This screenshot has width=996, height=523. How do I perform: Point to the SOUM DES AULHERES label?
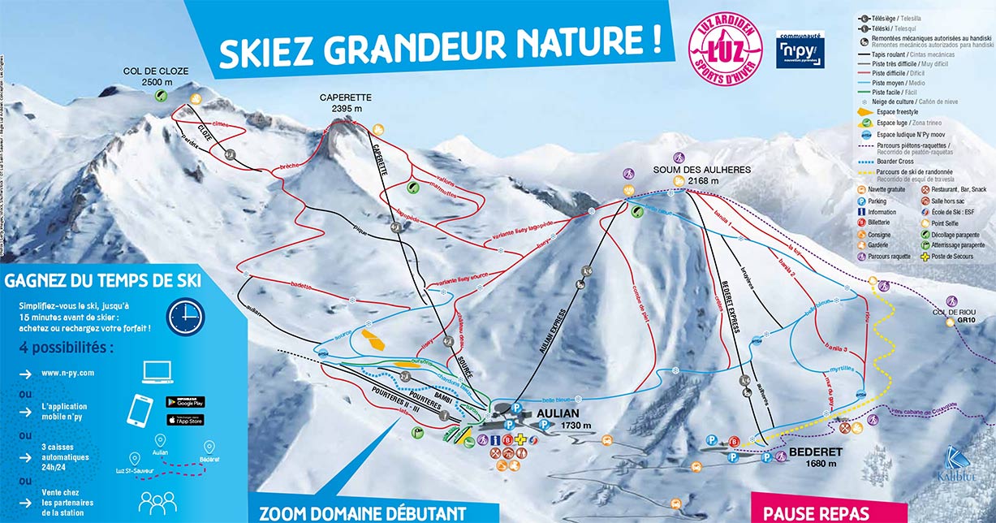coord(702,170)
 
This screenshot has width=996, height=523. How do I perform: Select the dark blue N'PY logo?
coord(799,49)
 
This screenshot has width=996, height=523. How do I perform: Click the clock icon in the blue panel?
coord(186,314)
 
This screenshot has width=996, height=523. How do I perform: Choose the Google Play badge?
coord(185,402)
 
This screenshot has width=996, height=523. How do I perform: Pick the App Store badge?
coord(185,419)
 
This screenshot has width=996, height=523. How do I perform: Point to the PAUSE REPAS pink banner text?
coord(817,513)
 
